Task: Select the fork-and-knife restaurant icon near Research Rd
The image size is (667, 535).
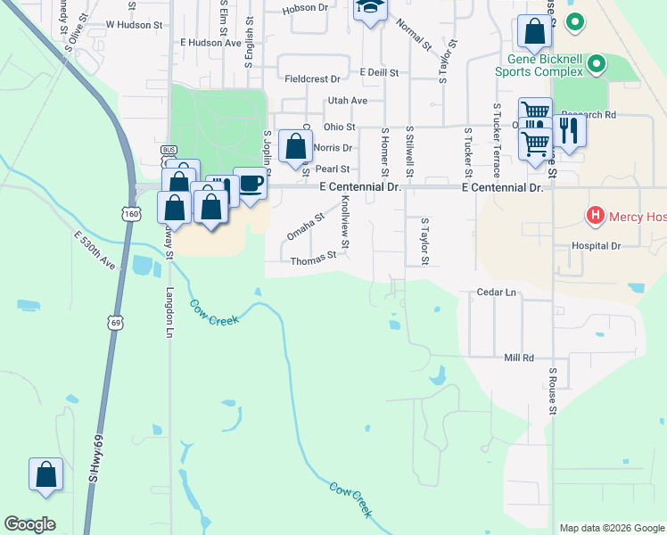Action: [x=569, y=131]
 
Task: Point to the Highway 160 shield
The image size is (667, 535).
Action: [x=131, y=214]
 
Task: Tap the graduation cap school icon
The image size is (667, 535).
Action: [x=369, y=8]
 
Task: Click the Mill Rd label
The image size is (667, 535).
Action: [x=518, y=358]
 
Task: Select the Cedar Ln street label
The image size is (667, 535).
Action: [x=498, y=292]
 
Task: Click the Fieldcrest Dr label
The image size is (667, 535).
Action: [x=312, y=78]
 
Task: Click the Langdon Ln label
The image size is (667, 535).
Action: [x=169, y=312]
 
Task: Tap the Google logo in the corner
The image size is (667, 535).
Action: [x=29, y=524]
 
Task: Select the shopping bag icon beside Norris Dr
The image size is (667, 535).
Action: [x=295, y=147]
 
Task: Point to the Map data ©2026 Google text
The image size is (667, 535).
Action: [x=611, y=528]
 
